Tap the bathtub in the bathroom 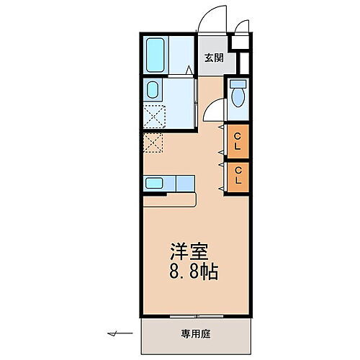(156, 55)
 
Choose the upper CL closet (237, 141)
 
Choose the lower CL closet (237, 175)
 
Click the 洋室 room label (189, 253)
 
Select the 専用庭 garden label (196, 333)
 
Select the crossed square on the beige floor (153, 143)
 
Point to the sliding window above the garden (195, 316)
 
